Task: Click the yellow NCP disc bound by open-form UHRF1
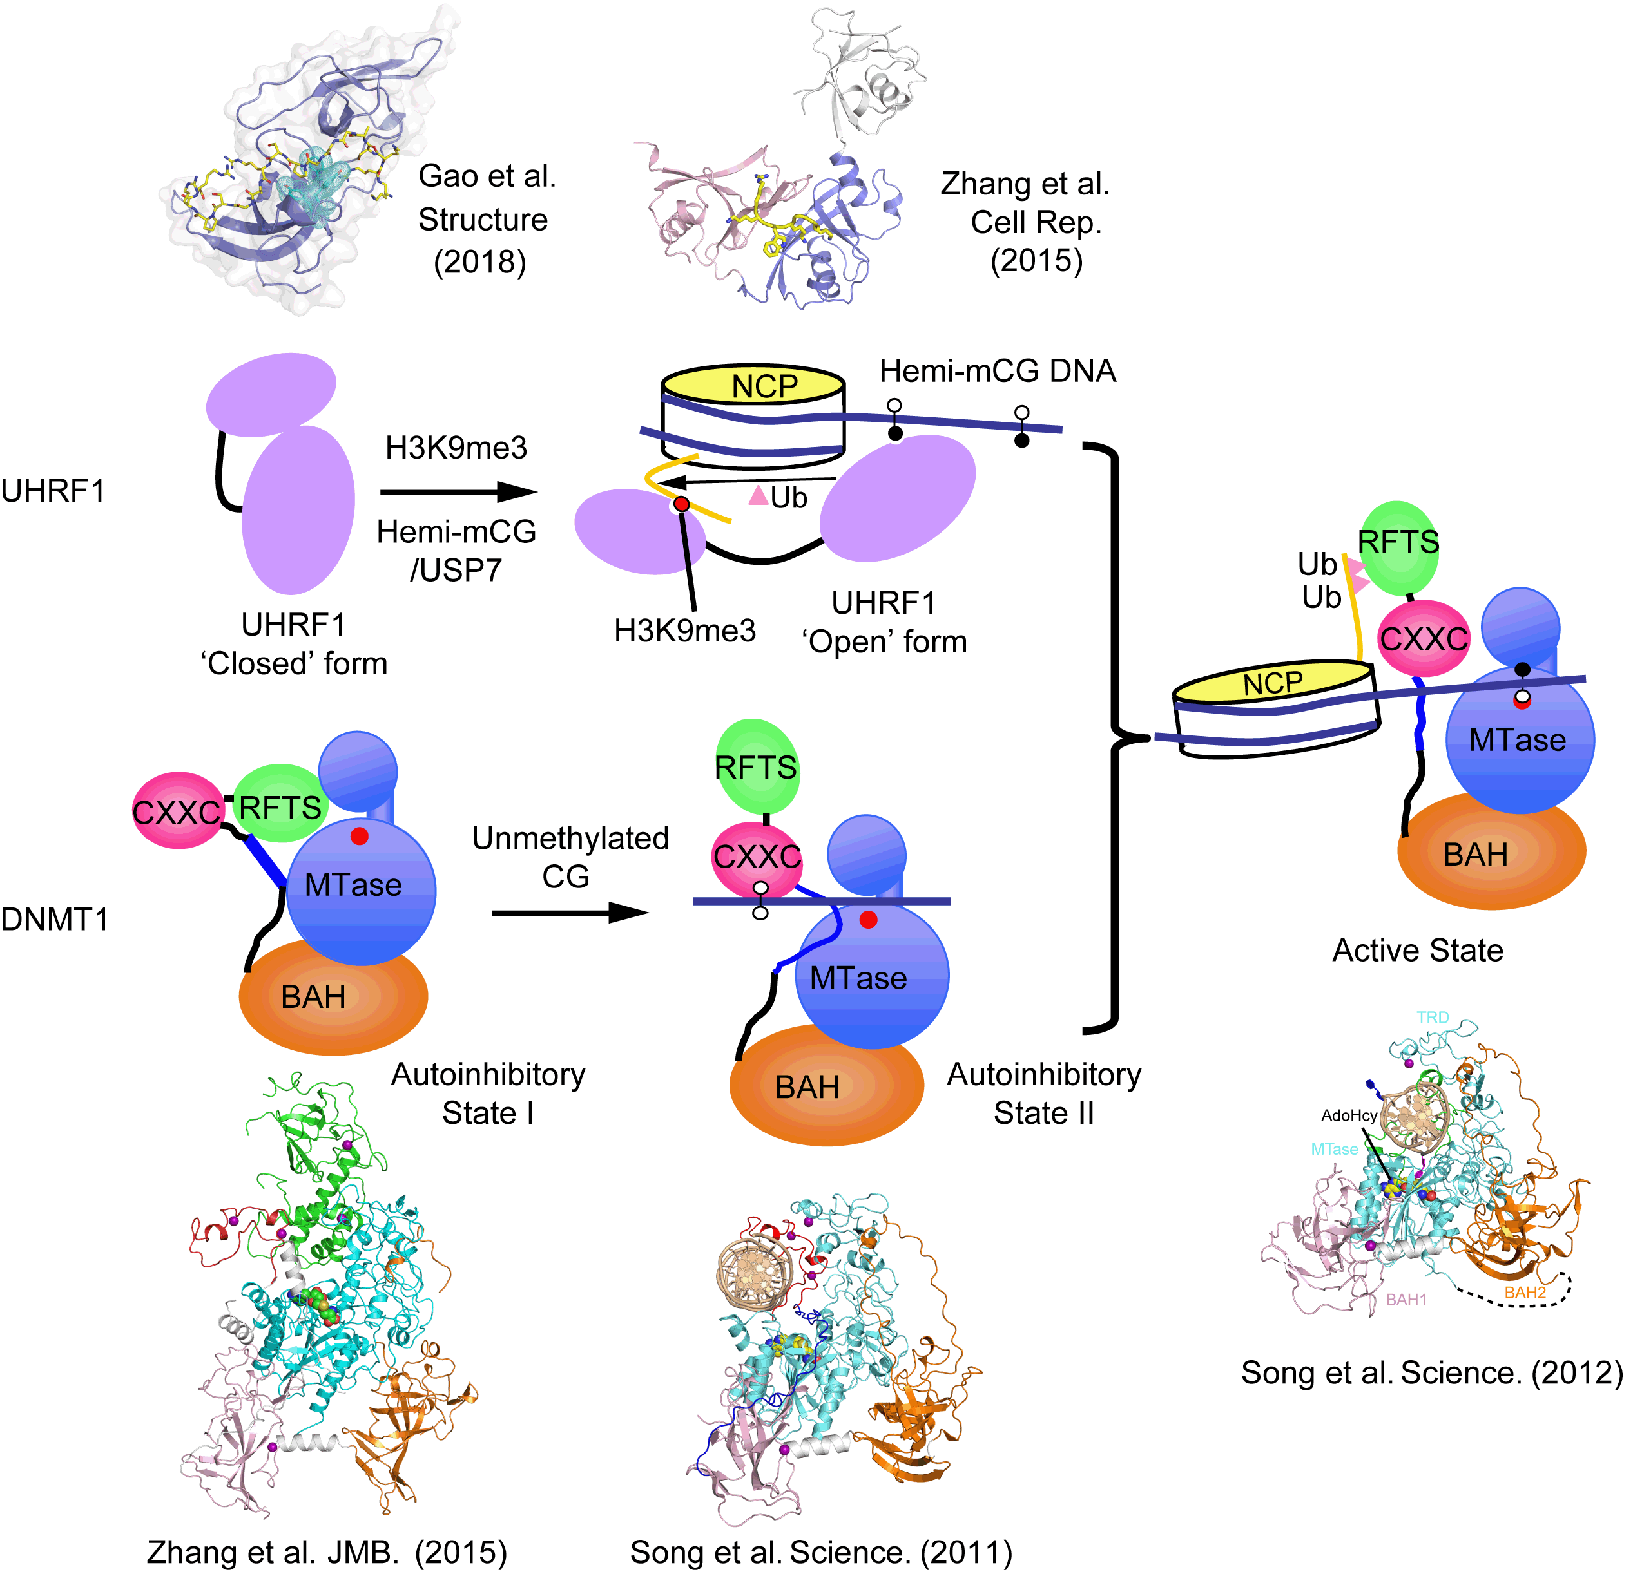tap(753, 386)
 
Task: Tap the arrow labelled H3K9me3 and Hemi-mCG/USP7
tap(458, 492)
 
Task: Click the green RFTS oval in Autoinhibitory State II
tap(756, 767)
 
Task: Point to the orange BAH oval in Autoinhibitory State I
tap(333, 996)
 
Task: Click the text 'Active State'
tap(1417, 950)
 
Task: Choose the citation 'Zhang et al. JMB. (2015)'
tap(327, 1552)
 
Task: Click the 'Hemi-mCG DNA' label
tap(998, 370)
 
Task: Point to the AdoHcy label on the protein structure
tap(1348, 1115)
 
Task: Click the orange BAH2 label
tap(1525, 1293)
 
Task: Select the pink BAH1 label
tap(1406, 1299)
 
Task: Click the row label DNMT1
tap(54, 920)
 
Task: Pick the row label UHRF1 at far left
tap(52, 491)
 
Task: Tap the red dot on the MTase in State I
tap(359, 836)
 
